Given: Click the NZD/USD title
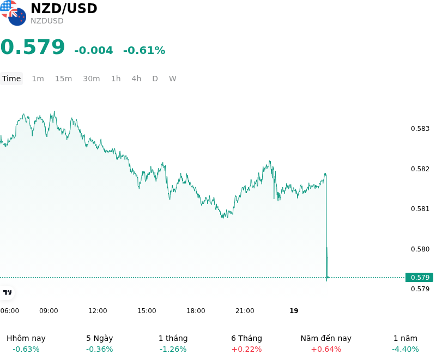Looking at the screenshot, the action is point(64,8).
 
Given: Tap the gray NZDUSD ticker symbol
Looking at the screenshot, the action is point(47,21).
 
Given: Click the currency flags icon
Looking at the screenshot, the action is point(13,13).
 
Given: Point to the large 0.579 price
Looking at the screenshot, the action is point(33,47).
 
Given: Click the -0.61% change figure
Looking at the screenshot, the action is point(144,50).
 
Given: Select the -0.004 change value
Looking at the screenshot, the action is point(94,50).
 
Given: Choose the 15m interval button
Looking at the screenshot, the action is point(63,79).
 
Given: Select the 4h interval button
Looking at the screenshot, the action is point(136,79).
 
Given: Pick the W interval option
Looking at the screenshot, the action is point(172,79).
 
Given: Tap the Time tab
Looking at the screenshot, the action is point(11,79).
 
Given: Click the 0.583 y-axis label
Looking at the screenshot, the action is point(420,129).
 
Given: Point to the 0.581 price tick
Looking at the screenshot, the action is point(420,209).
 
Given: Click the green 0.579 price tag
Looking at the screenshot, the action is point(419,278).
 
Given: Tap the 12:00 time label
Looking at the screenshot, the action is point(98,311).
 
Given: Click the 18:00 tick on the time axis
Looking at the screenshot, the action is point(196,311).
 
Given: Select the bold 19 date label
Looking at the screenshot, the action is point(294,311).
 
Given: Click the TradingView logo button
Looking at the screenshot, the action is point(7,292).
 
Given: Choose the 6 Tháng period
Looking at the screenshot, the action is point(247,338).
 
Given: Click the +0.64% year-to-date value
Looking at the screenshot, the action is point(326,349).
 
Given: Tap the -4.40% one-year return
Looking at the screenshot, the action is point(405,349).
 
